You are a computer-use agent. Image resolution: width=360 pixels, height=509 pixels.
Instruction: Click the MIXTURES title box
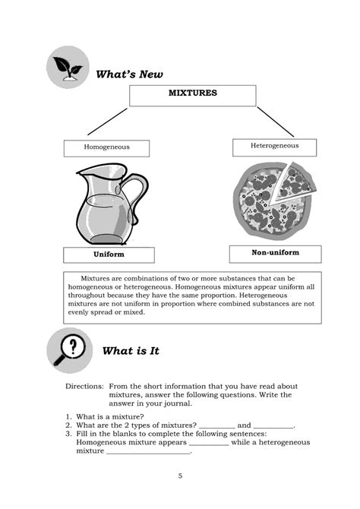coord(192,95)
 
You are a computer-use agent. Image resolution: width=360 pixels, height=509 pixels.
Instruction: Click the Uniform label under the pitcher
coord(109,254)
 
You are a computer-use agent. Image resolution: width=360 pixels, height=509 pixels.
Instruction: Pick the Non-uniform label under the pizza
coord(275,253)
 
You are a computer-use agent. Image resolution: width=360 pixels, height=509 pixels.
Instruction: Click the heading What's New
coord(129,74)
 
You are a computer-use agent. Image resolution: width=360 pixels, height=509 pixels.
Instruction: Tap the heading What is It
coord(130,351)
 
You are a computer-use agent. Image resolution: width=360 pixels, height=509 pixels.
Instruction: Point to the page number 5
coord(180,476)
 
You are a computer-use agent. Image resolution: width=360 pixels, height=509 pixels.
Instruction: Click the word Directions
coord(84,386)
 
